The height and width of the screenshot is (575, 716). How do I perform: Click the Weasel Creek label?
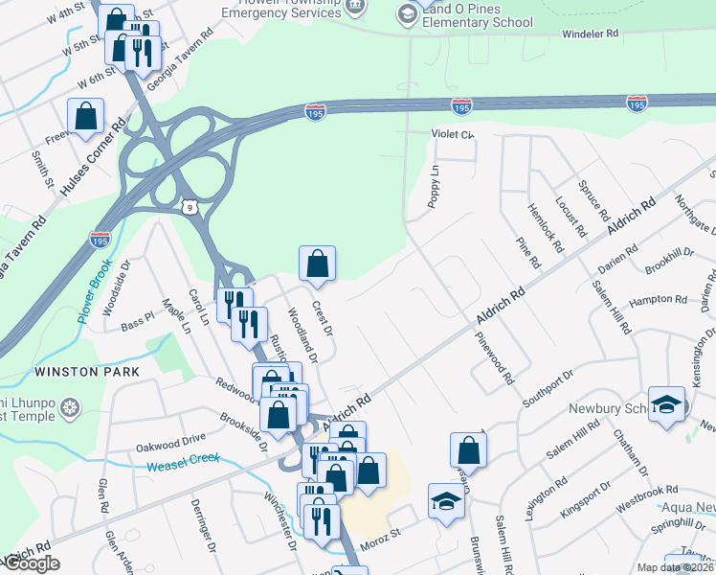(x=183, y=463)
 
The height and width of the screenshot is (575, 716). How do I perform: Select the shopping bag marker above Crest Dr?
(x=317, y=264)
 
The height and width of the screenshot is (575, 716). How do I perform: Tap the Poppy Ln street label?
(x=434, y=186)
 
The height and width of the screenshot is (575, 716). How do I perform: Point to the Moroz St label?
(x=378, y=545)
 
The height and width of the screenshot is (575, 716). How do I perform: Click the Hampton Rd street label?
(x=659, y=300)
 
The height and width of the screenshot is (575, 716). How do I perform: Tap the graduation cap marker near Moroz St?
(x=445, y=502)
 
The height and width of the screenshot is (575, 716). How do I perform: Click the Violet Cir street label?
(x=452, y=134)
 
